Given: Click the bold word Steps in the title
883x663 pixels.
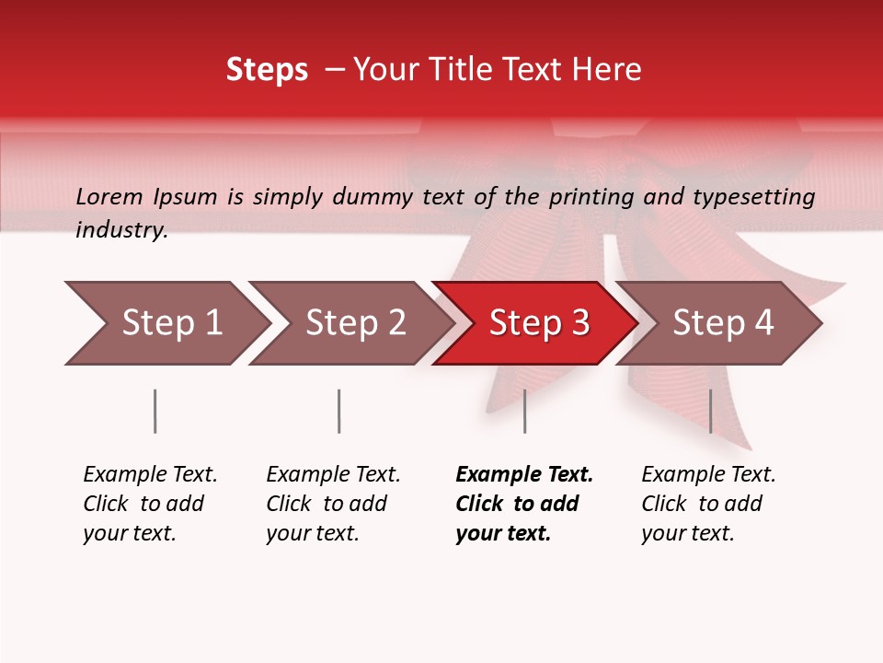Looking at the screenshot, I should click(x=267, y=70).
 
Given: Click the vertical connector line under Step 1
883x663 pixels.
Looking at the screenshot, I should click(x=155, y=411).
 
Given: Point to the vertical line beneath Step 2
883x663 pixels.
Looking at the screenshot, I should click(x=338, y=411).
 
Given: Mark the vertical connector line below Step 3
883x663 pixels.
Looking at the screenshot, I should click(x=524, y=411).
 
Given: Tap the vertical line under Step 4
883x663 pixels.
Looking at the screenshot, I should click(x=710, y=411).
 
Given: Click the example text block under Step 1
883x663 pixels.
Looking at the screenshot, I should click(x=150, y=504).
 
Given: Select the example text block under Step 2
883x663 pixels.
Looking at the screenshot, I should click(x=333, y=504).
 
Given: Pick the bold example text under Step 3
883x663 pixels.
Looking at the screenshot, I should click(x=524, y=504).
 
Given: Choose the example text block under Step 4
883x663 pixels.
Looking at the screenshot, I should click(x=708, y=504).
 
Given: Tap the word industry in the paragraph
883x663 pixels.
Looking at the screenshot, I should click(x=120, y=230).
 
